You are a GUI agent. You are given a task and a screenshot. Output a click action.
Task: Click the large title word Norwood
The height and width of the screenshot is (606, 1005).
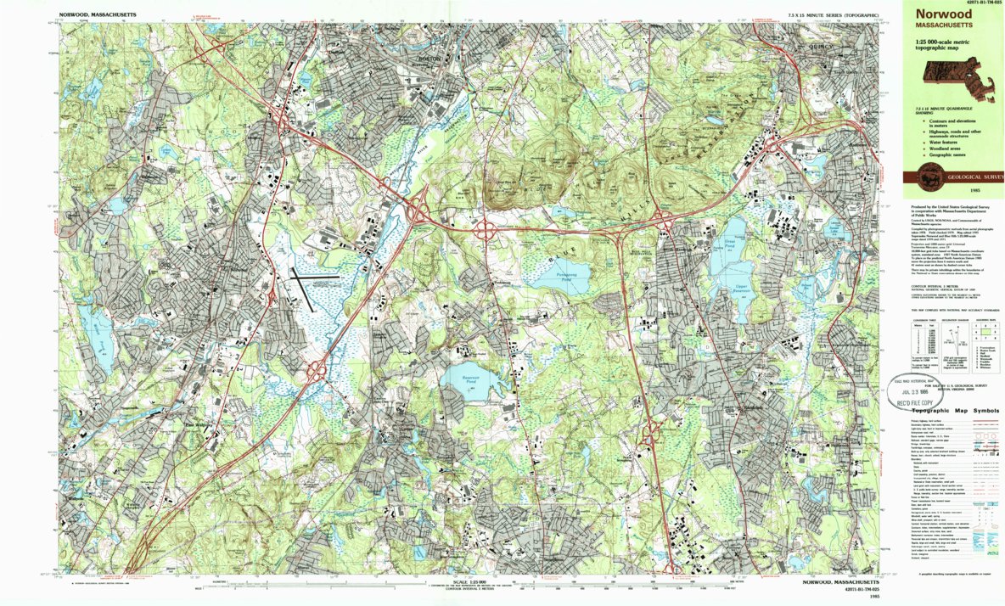938,14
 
